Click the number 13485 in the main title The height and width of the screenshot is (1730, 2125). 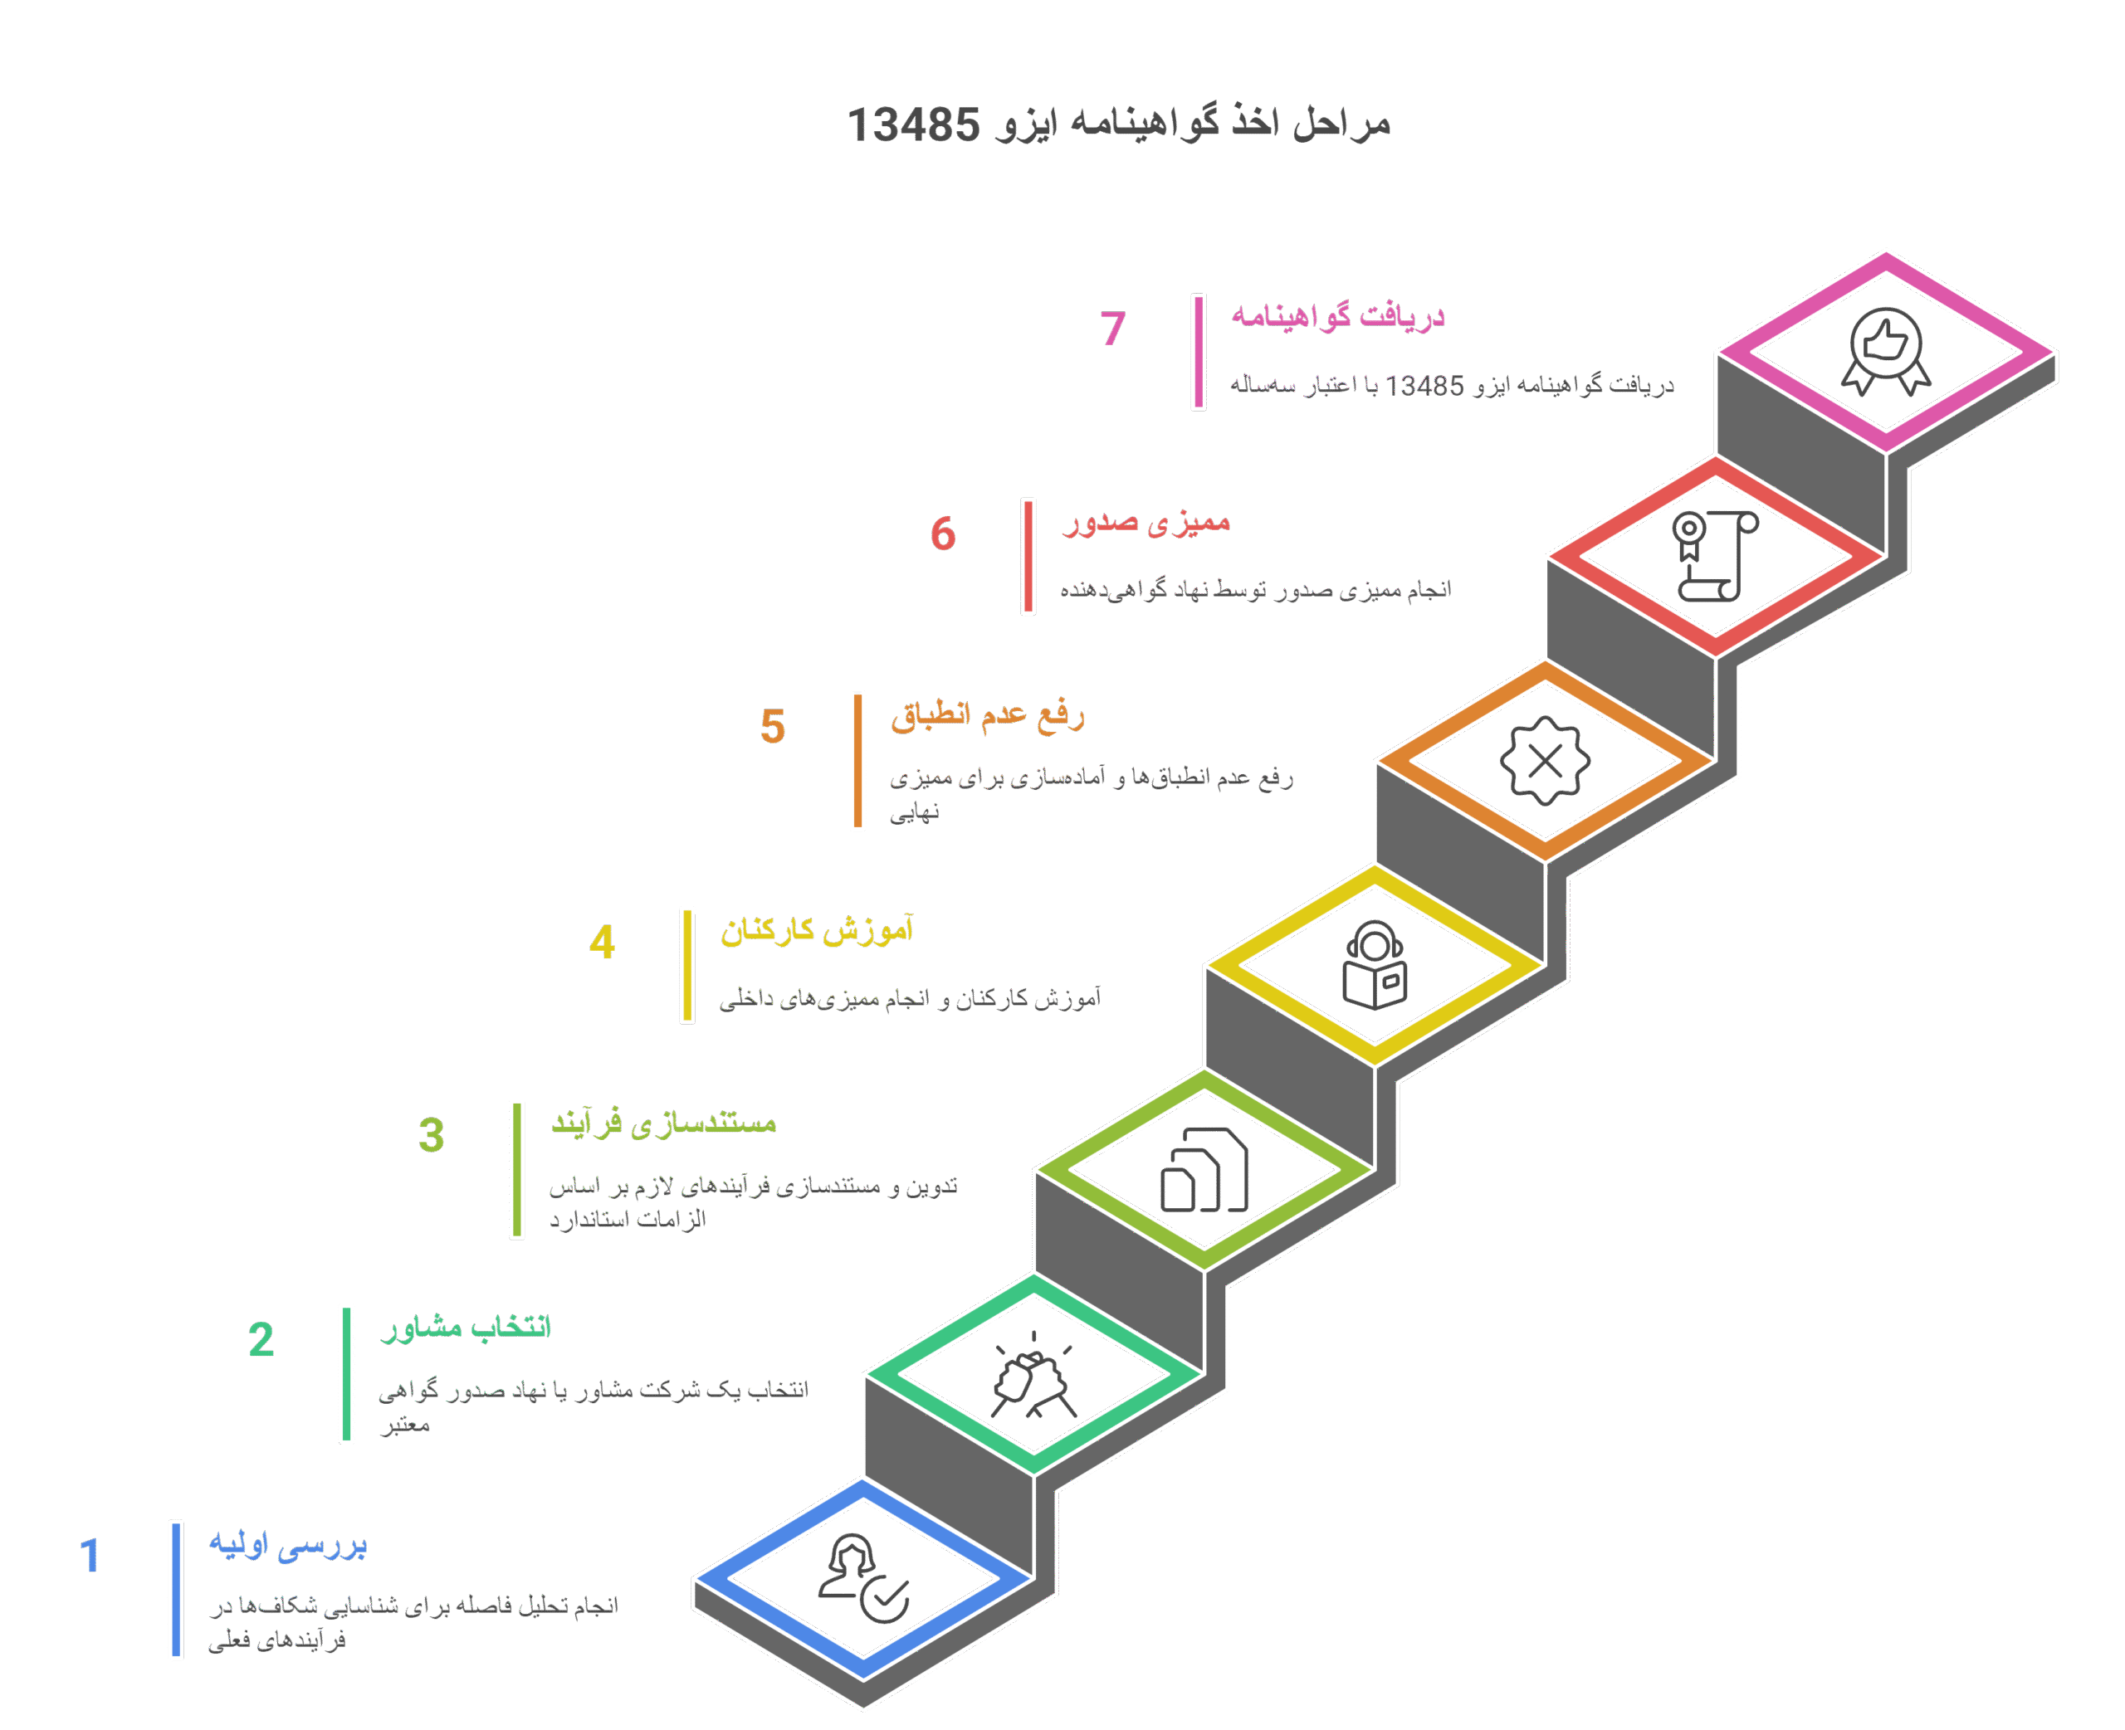(913, 125)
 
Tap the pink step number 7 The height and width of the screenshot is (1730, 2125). (1112, 328)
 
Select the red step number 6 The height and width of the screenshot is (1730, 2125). (943, 534)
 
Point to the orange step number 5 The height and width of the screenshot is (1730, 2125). (773, 727)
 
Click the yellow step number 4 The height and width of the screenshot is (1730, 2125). (602, 942)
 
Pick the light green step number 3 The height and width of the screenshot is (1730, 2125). (432, 1135)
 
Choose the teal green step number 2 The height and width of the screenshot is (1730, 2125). (261, 1339)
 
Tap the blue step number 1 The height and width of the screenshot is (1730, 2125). (90, 1556)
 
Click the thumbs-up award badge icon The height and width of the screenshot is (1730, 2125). (1885, 351)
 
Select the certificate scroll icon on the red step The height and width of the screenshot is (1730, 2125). (1715, 556)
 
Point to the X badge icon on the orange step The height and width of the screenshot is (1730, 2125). (1545, 760)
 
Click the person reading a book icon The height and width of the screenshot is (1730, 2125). (1375, 965)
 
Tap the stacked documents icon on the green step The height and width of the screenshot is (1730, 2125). (1204, 1170)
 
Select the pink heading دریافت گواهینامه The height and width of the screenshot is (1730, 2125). (1337, 316)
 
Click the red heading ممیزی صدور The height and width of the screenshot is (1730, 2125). (1146, 521)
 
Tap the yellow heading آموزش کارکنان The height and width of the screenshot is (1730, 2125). (818, 931)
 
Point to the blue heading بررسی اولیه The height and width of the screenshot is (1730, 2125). (288, 1545)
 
